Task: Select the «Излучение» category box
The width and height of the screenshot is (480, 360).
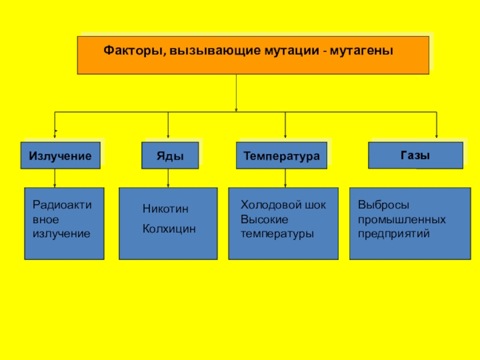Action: [x=60, y=156]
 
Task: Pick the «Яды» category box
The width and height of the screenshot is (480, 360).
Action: [x=169, y=156]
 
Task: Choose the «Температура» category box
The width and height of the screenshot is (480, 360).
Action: [x=281, y=156]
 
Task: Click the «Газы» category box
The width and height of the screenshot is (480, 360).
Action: [x=415, y=155]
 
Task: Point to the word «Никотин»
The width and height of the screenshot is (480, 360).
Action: [x=165, y=209]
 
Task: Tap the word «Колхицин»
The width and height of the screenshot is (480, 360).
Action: [x=169, y=229]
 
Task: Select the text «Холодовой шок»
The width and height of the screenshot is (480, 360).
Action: [x=283, y=205]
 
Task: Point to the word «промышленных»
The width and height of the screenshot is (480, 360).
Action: [x=394, y=219]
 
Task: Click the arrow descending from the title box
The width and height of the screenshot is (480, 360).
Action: [x=236, y=93]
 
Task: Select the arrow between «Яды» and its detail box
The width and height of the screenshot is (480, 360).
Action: [x=168, y=178]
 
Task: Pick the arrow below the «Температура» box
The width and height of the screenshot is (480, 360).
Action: [x=285, y=178]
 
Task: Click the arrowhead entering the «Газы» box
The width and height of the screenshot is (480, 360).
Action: [x=436, y=137]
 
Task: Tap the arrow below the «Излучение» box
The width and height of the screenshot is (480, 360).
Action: [x=55, y=178]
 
